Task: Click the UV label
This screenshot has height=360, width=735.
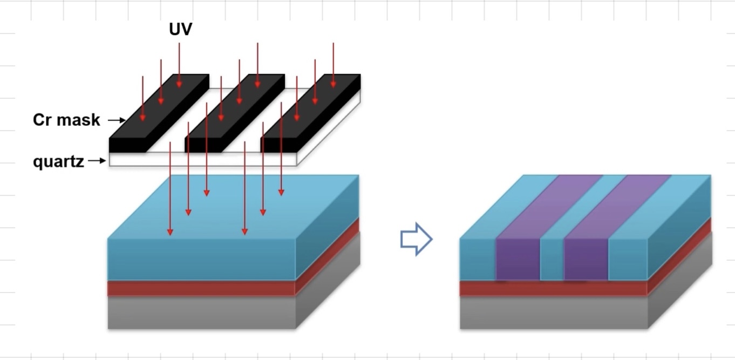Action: [180, 30]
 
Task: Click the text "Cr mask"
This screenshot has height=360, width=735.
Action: [66, 120]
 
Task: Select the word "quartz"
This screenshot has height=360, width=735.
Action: [58, 161]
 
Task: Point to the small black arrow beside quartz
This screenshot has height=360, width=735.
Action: [97, 160]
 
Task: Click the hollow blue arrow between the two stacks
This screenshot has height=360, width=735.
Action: [416, 239]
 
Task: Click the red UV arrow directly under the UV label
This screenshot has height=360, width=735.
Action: [179, 65]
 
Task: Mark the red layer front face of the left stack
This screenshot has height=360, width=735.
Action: [201, 288]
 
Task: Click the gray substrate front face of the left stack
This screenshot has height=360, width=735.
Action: [201, 313]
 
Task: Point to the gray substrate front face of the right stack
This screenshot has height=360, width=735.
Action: [553, 313]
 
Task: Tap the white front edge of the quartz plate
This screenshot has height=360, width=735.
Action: [202, 159]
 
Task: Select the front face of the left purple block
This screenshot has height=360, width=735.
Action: [518, 259]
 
